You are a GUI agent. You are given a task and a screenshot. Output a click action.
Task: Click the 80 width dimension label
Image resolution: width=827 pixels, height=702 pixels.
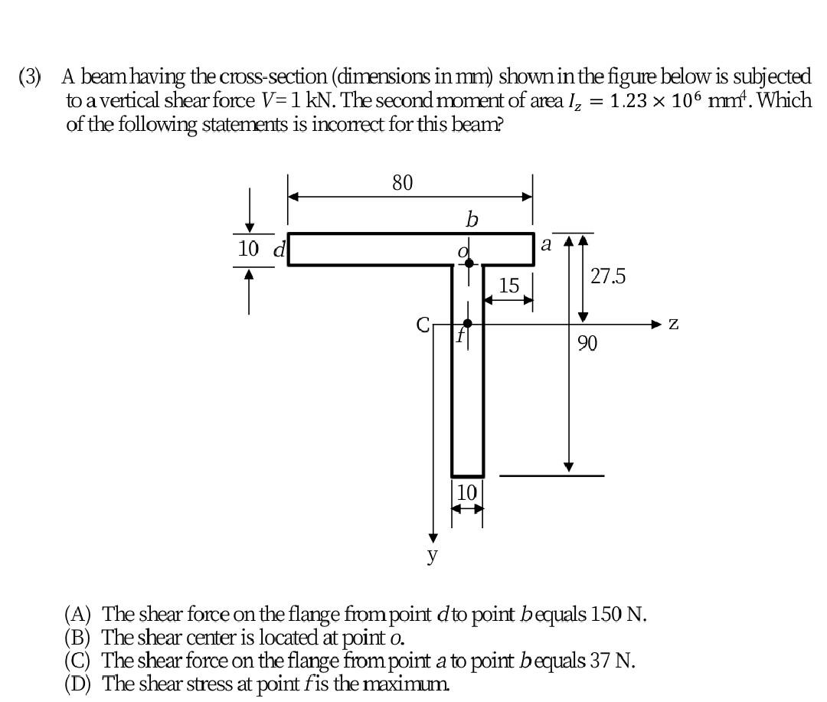click(402, 183)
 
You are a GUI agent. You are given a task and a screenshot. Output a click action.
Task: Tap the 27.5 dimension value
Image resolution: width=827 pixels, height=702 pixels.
click(608, 276)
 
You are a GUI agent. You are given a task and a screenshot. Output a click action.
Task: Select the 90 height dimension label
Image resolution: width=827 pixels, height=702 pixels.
click(587, 343)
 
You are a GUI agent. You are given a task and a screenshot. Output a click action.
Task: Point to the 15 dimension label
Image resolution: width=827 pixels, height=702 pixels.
click(508, 286)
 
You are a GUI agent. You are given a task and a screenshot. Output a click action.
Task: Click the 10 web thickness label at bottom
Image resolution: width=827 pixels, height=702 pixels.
click(466, 491)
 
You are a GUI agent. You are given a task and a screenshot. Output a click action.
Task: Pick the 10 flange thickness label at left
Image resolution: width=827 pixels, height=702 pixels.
click(249, 248)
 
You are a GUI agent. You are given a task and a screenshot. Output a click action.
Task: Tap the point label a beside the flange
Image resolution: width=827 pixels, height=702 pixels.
click(546, 244)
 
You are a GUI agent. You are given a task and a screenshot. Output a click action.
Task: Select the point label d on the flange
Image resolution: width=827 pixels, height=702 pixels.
click(280, 249)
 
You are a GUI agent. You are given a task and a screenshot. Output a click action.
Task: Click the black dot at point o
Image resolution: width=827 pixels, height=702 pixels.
click(469, 263)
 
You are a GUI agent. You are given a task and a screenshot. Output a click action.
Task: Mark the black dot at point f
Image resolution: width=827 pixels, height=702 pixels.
click(467, 323)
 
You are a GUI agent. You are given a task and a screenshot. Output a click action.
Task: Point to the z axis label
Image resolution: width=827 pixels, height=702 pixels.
click(673, 324)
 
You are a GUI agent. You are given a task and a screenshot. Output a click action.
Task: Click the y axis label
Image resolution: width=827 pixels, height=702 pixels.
click(433, 554)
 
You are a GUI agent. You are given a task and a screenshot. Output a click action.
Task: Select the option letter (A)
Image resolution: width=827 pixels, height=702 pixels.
click(78, 614)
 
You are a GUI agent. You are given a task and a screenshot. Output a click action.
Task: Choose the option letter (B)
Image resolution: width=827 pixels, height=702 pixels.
click(78, 637)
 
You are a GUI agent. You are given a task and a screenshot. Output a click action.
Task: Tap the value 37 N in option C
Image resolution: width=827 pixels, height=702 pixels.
click(609, 660)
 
